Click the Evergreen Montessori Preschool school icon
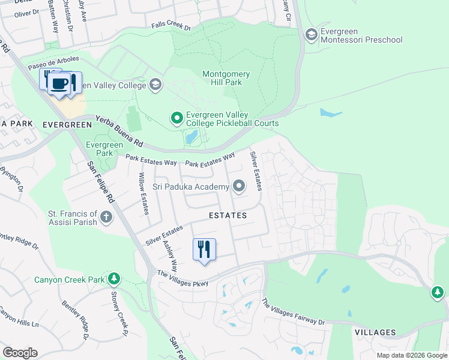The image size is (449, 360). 311,35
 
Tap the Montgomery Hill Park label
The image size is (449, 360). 226,79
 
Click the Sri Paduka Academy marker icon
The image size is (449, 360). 239,187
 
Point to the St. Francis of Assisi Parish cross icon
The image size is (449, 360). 106,217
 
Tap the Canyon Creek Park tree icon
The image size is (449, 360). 113,279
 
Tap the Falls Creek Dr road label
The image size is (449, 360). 171,28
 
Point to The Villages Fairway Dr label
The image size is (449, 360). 293,313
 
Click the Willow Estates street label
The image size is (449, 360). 143,193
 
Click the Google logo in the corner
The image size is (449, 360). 20,353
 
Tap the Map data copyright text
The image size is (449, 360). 411,355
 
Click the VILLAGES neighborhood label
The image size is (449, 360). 375,332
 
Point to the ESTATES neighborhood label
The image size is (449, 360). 228,215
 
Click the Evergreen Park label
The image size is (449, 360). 104,149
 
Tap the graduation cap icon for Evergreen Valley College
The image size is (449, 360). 155,84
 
